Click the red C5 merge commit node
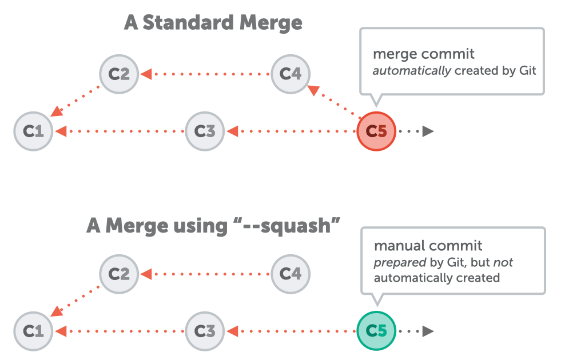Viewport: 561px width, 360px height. click(x=376, y=131)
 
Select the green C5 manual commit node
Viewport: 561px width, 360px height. click(x=376, y=331)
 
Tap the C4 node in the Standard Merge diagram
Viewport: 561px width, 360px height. click(x=290, y=74)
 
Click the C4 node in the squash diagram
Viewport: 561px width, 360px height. click(x=290, y=274)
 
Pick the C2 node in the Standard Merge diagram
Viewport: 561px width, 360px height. click(x=119, y=74)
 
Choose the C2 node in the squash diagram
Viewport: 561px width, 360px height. click(x=119, y=274)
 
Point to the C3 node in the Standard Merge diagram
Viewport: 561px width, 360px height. click(x=205, y=131)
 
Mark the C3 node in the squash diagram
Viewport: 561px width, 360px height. click(x=205, y=331)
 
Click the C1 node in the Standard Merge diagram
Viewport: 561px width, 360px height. click(x=33, y=131)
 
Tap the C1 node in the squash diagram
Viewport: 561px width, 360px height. click(x=33, y=331)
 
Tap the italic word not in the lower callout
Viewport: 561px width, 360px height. click(x=503, y=262)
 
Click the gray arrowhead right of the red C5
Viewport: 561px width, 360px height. click(x=428, y=131)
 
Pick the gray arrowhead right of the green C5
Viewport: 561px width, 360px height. click(x=428, y=331)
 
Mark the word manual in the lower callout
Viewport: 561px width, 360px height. click(x=397, y=246)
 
